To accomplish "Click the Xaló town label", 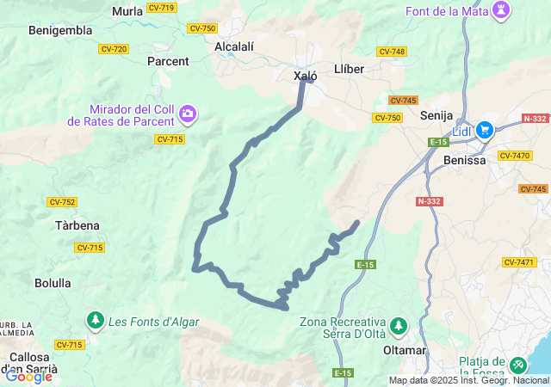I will point(306,76).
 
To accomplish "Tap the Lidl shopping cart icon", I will point(485,130).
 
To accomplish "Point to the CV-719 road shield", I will point(161,8).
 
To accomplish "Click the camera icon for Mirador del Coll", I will point(188,114).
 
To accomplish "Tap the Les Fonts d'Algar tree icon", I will point(94,321).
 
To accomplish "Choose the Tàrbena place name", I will point(77,225).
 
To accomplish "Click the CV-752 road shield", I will point(62,202).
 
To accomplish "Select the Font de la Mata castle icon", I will point(500,10).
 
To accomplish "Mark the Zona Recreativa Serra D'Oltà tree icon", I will point(397,326).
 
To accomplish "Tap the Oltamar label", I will point(404,351).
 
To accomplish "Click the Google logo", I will point(28,376).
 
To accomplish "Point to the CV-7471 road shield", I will point(519,262).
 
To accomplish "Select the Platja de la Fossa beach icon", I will point(517,365).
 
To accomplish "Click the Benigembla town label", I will point(60,30).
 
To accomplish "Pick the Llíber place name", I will point(349,68).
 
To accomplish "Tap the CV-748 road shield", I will point(392,52).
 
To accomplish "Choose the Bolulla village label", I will point(53,282).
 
